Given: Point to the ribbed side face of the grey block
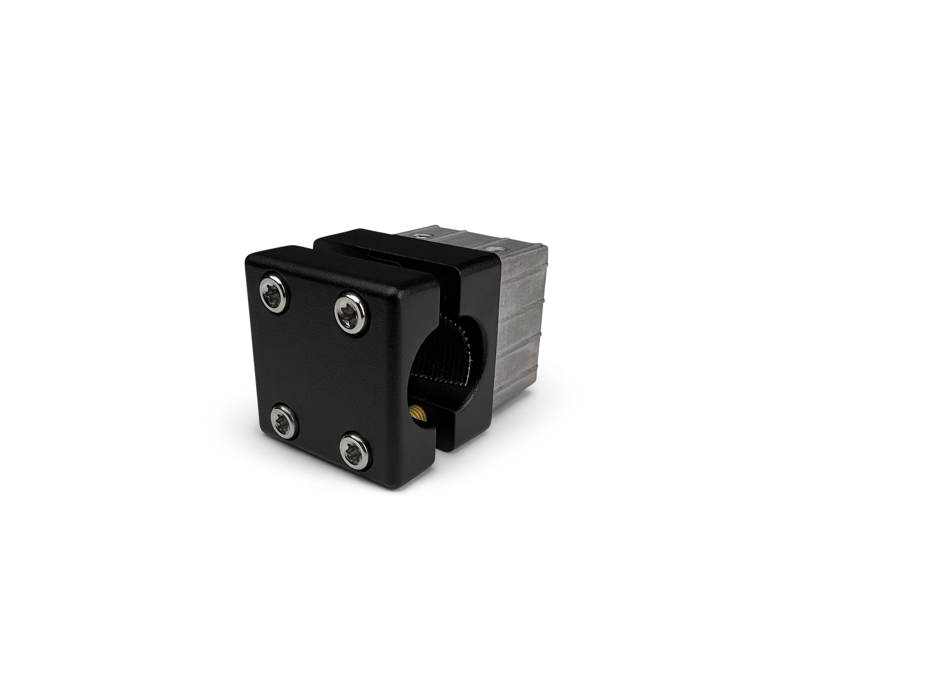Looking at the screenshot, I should point(521,325).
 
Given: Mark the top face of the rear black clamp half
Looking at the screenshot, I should point(401,249).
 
